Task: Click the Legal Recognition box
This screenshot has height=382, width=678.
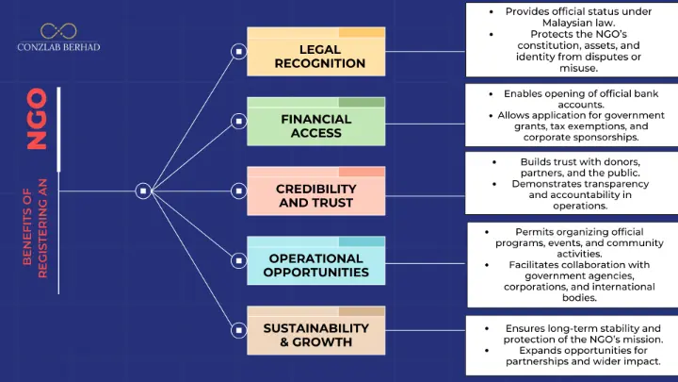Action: tap(316, 56)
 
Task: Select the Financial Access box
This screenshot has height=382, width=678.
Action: tap(316, 125)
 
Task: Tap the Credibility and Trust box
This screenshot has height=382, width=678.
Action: tap(316, 195)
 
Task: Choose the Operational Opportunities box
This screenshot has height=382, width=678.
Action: tap(316, 265)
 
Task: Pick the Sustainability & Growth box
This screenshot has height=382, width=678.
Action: tap(316, 335)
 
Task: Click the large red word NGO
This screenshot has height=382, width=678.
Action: tap(37, 119)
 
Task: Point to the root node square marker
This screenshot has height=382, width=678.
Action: tap(142, 191)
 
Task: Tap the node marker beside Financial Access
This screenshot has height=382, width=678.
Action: tap(240, 121)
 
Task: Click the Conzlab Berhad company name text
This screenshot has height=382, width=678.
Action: tap(58, 46)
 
